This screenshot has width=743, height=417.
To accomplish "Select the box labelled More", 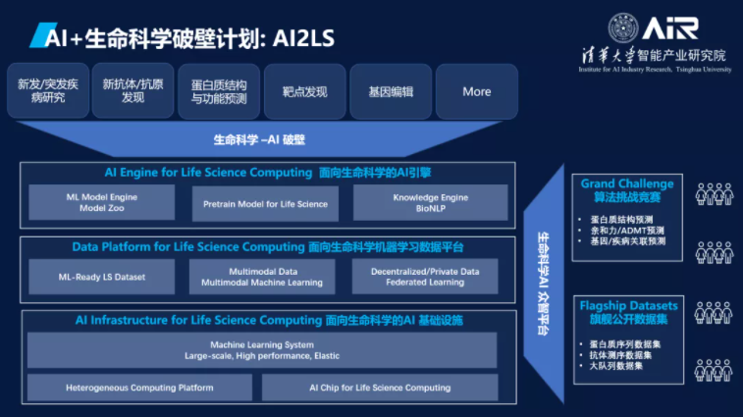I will pyautogui.click(x=476, y=91).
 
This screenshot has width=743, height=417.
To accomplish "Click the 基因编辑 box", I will pyautogui.click(x=391, y=91).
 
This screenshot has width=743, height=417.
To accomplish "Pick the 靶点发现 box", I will pyautogui.click(x=304, y=91).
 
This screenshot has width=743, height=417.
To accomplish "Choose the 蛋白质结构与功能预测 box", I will pyautogui.click(x=219, y=91).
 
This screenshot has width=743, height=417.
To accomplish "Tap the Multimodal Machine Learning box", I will pyautogui.click(x=261, y=277).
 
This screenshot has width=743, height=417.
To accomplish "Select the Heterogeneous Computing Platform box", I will pyautogui.click(x=139, y=388).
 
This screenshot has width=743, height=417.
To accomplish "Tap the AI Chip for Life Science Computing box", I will pyautogui.click(x=380, y=388).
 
